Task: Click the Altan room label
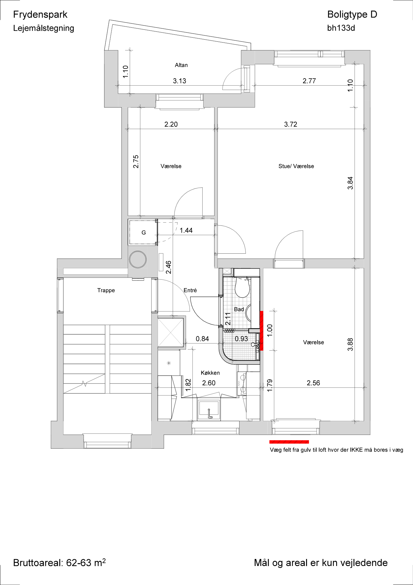(181, 65)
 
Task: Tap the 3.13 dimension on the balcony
(179, 81)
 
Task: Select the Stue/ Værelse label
(296, 166)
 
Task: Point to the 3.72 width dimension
(291, 124)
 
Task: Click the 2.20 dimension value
(171, 124)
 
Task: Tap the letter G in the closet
(144, 233)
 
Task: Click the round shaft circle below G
(138, 259)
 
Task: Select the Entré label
(190, 290)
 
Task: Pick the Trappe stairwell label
(106, 290)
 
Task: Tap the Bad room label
(239, 309)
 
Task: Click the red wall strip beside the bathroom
(262, 331)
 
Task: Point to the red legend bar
(289, 442)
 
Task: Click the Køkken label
(210, 373)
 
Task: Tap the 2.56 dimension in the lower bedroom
(313, 383)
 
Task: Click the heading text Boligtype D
(352, 14)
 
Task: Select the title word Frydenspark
(40, 15)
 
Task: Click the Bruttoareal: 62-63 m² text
(59, 562)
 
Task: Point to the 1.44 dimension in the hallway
(186, 230)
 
